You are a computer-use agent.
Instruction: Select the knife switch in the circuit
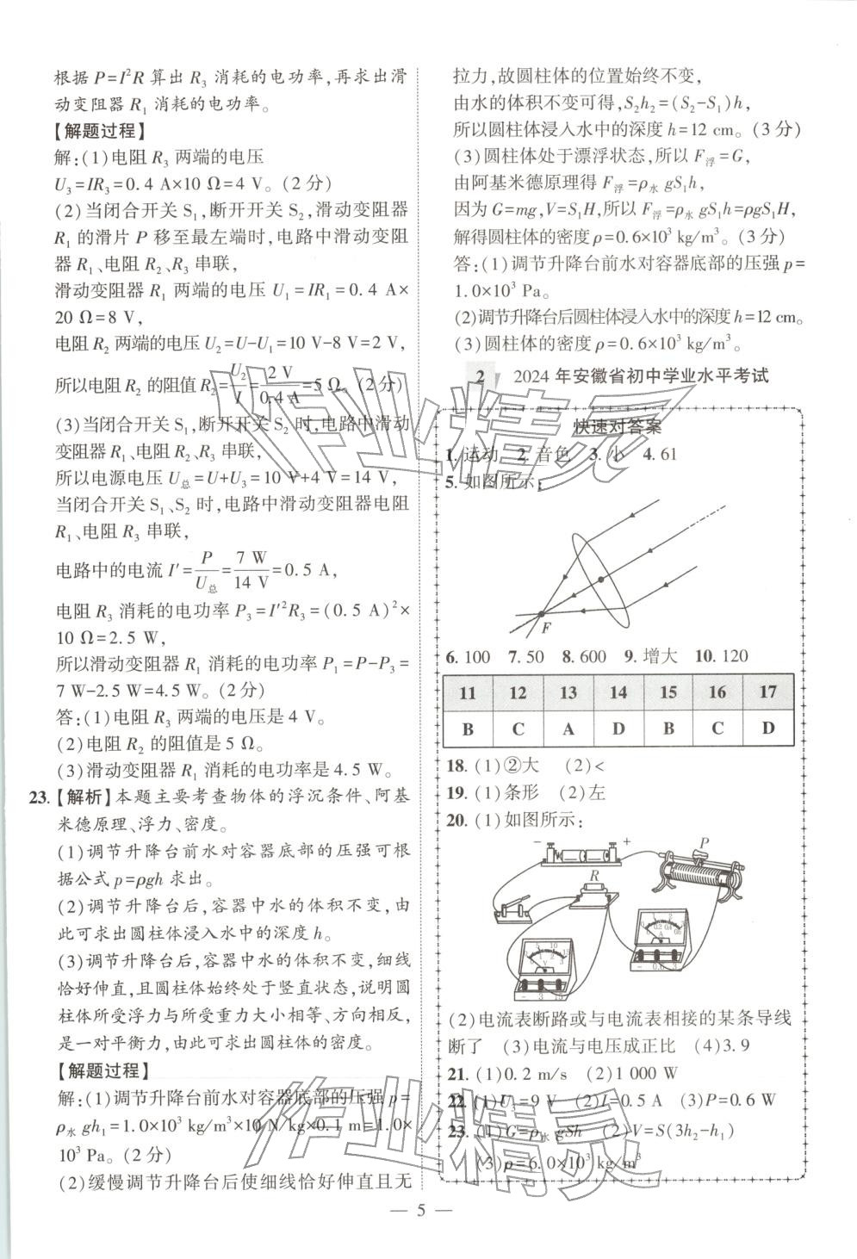(x=512, y=907)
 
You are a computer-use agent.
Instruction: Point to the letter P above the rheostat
(x=704, y=842)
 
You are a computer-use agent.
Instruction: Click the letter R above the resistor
(x=593, y=876)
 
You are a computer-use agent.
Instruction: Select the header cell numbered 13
(x=568, y=692)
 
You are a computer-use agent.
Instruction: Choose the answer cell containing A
(x=568, y=729)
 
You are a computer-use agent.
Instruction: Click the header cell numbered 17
(x=768, y=692)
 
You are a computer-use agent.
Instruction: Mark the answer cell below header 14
(x=618, y=729)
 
